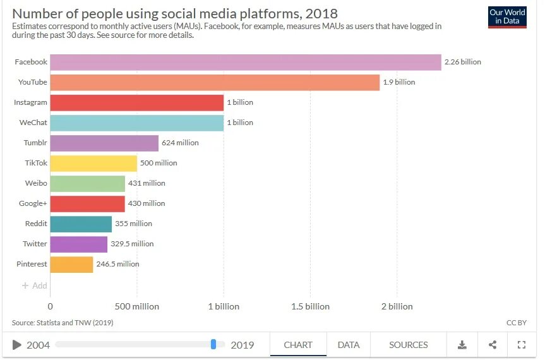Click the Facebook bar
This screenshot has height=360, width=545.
(245, 62)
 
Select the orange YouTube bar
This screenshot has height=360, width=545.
(215, 82)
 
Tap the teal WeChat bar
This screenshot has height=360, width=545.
(136, 123)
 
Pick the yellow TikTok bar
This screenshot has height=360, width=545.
(93, 163)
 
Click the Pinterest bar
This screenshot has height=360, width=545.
(71, 264)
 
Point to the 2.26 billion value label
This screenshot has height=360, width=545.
(463, 62)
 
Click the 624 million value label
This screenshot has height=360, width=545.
(180, 143)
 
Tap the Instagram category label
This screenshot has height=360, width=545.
(30, 102)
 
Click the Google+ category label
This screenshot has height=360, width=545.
(33, 203)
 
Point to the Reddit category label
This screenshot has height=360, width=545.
(36, 224)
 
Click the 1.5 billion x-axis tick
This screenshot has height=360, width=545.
(310, 306)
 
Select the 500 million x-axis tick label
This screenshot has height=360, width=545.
(136, 306)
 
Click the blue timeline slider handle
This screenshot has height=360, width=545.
(213, 344)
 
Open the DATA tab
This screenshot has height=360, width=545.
(349, 345)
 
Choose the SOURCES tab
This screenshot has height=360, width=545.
(408, 345)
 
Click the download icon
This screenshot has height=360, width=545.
(462, 345)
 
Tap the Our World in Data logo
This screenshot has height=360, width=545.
(507, 17)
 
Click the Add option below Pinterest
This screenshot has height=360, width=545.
(35, 285)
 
